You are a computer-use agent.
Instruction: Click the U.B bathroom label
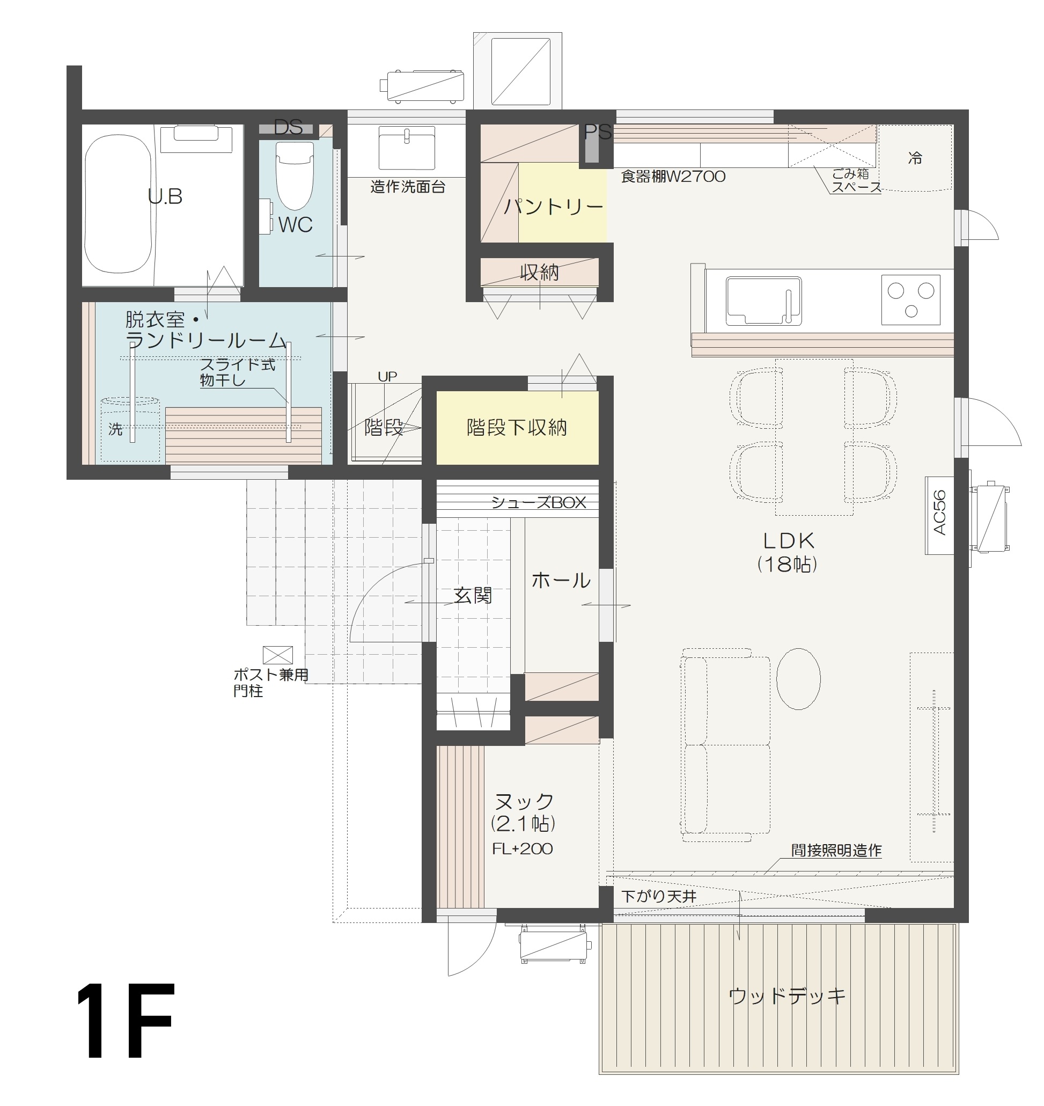(165, 196)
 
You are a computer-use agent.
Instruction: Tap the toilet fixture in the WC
(295, 175)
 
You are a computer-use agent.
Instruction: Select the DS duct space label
(288, 128)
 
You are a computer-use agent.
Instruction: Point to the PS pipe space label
(597, 133)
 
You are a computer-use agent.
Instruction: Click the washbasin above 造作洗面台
(406, 148)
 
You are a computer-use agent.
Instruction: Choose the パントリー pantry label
(553, 207)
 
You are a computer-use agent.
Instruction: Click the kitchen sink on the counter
(763, 301)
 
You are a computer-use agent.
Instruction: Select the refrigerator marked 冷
(915, 158)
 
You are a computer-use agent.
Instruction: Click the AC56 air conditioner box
(939, 514)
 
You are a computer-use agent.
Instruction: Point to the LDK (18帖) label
(788, 552)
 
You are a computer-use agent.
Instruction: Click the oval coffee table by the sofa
(798, 678)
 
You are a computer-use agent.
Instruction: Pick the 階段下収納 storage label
(517, 428)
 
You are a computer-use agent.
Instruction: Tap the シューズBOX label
(538, 503)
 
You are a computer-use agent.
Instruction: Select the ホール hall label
(561, 581)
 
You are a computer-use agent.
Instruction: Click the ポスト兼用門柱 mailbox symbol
(278, 655)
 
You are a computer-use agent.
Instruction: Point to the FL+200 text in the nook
(522, 849)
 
